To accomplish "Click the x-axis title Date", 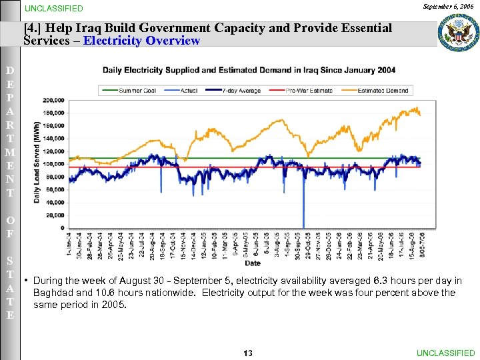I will point(253,263).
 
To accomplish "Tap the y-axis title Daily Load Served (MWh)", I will point(47,163).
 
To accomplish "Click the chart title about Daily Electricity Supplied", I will point(249,70).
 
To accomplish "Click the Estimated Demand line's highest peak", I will point(417,107).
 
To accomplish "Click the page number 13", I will point(247,353).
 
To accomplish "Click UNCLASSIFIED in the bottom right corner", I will point(445,353).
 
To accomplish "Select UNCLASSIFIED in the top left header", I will point(54,9).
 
